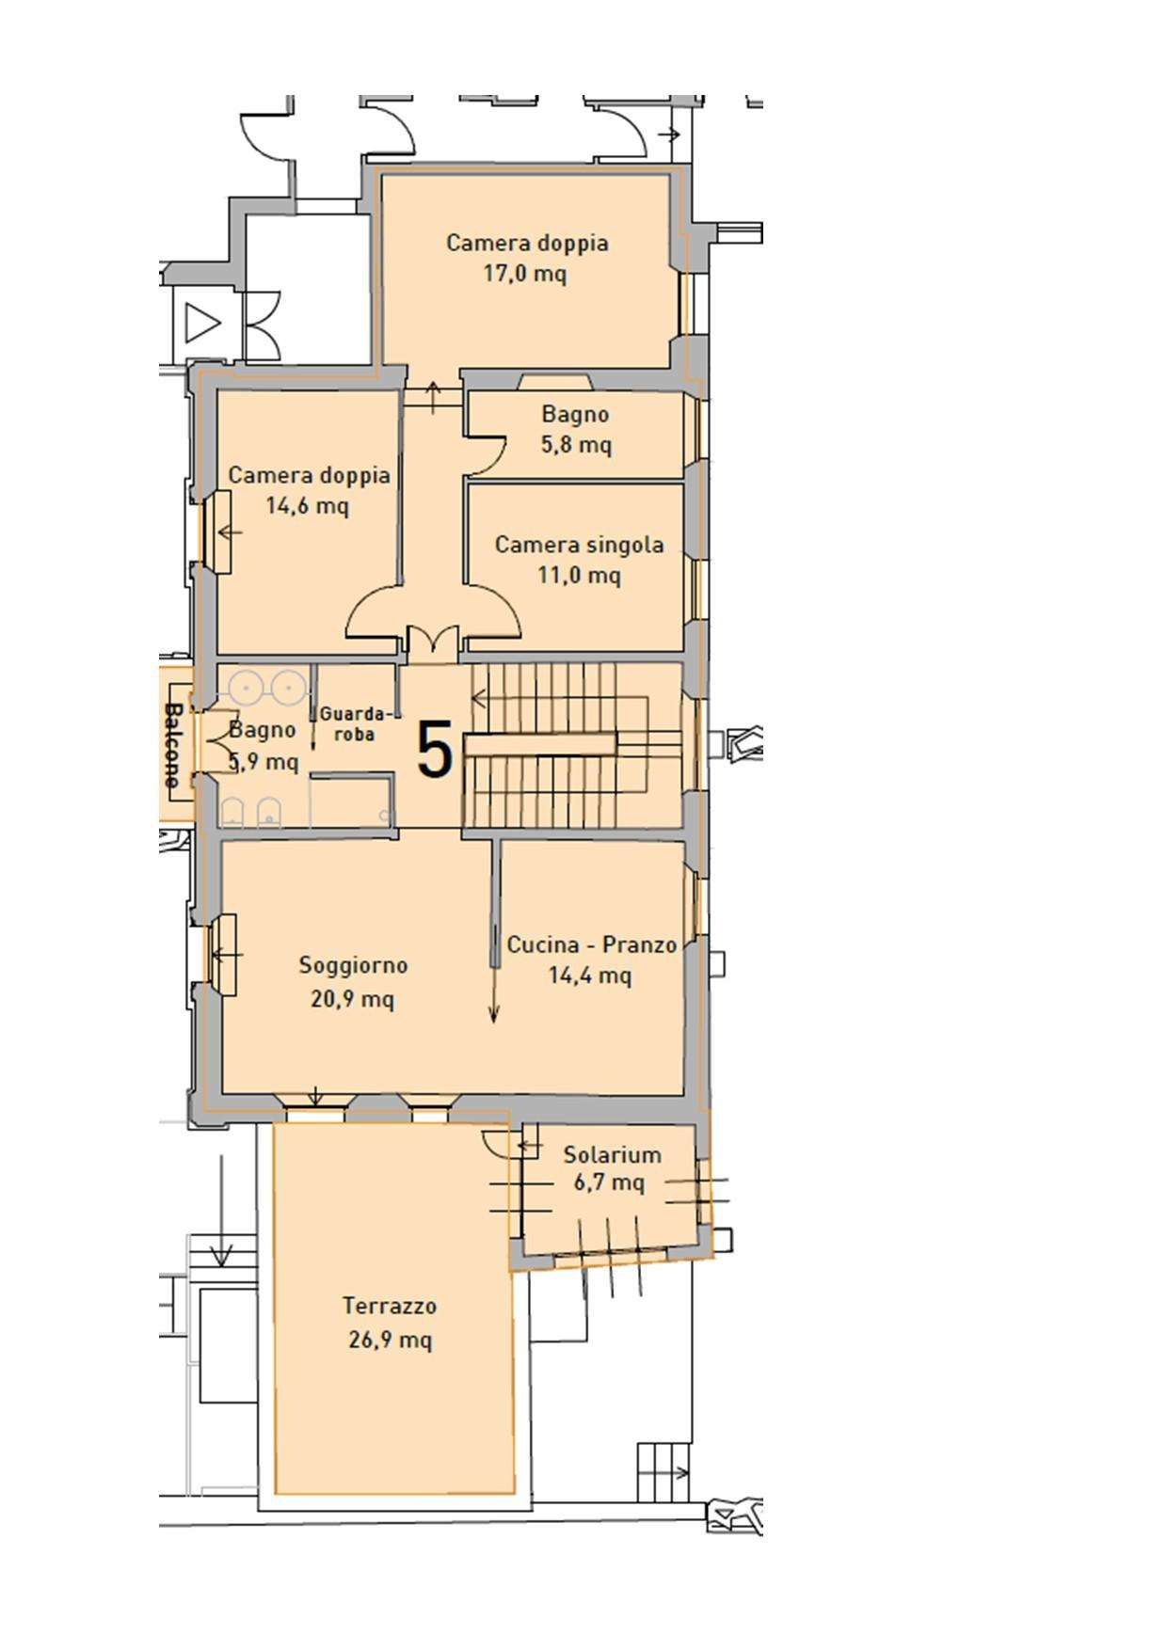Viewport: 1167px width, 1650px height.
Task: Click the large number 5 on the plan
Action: pos(435,750)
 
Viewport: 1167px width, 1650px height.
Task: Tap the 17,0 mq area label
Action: pos(526,274)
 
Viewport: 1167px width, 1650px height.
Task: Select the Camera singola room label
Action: pos(579,545)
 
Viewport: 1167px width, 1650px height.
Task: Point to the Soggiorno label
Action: pos(353,966)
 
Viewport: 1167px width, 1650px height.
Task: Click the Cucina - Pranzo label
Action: pos(592,944)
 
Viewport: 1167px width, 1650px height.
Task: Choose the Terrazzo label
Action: pos(390,1306)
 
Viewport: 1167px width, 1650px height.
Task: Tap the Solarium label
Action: pos(613,1154)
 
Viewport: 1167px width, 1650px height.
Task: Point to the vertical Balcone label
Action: pos(172,744)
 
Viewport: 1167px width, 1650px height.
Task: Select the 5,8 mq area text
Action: pos(576,444)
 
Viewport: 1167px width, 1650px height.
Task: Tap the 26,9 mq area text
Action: pos(390,1339)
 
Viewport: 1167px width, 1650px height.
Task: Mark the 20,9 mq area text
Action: pos(352,999)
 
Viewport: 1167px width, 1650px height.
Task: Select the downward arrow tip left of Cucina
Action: pos(494,1020)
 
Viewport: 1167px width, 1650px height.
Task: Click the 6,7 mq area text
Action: pos(609,1182)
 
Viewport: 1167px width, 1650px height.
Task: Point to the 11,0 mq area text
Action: pos(579,575)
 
